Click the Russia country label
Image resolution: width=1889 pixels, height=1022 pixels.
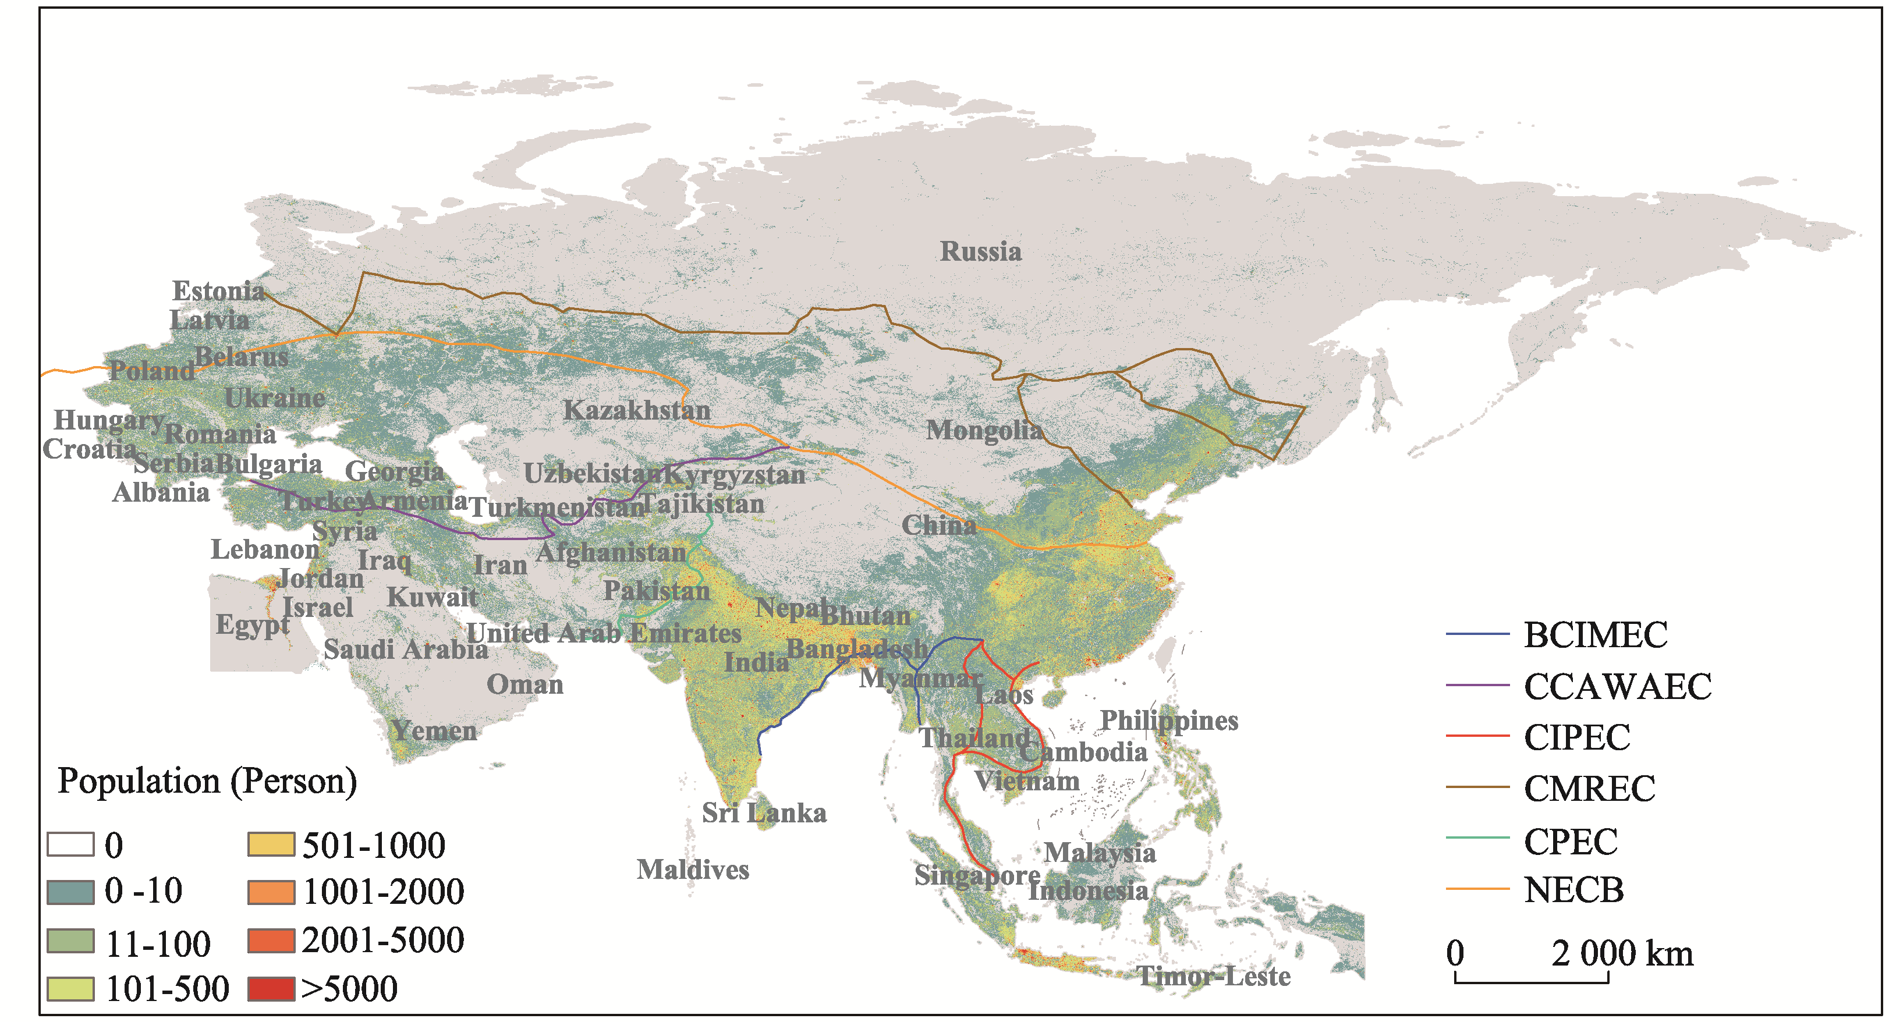click(x=980, y=251)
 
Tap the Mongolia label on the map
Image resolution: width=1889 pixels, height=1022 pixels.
click(x=983, y=430)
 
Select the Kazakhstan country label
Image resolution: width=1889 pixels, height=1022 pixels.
click(x=636, y=410)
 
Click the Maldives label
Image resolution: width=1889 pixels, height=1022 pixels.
click(x=692, y=870)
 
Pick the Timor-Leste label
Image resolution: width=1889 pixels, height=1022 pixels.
click(x=1213, y=976)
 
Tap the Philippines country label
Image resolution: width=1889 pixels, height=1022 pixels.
click(x=1169, y=720)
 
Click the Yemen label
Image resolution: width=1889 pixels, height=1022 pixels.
click(x=433, y=730)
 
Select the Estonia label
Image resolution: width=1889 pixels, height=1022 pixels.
click(x=218, y=291)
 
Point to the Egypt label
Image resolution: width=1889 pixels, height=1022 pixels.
click(x=252, y=624)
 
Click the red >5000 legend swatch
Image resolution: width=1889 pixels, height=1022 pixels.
click(x=271, y=988)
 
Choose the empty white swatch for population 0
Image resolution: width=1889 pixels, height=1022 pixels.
click(x=70, y=844)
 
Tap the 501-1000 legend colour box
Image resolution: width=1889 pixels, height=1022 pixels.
click(x=271, y=844)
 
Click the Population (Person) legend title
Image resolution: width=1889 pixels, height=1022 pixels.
click(x=207, y=781)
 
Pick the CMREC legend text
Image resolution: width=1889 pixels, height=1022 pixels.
click(x=1589, y=789)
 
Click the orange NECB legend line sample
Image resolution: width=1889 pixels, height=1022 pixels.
click(x=1477, y=889)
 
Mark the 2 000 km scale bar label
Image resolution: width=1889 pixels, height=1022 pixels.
click(x=1621, y=954)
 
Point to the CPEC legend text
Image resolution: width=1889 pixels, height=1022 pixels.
click(x=1570, y=841)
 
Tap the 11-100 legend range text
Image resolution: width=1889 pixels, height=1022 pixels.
click(x=158, y=943)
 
